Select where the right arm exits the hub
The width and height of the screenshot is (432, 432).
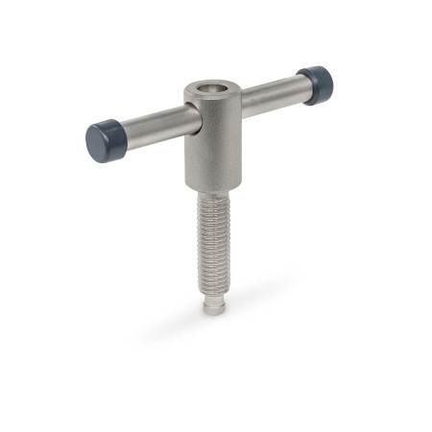click(x=240, y=101)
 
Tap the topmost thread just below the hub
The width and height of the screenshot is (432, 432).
click(x=216, y=198)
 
